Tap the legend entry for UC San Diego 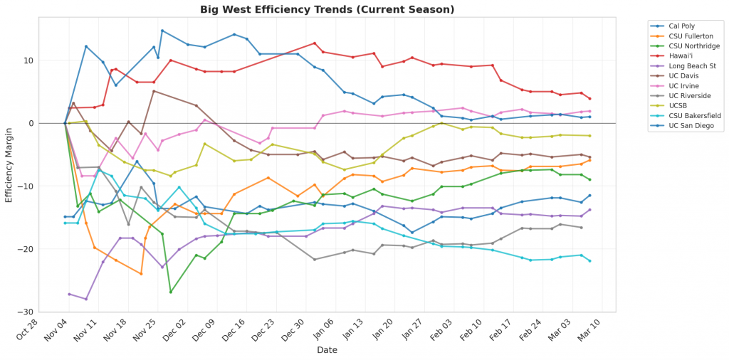point(680,127)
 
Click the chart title point(327,9)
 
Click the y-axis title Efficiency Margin point(9,164)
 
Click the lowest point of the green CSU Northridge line point(171,292)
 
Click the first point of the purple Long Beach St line point(69,294)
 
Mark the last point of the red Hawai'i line point(590,99)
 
